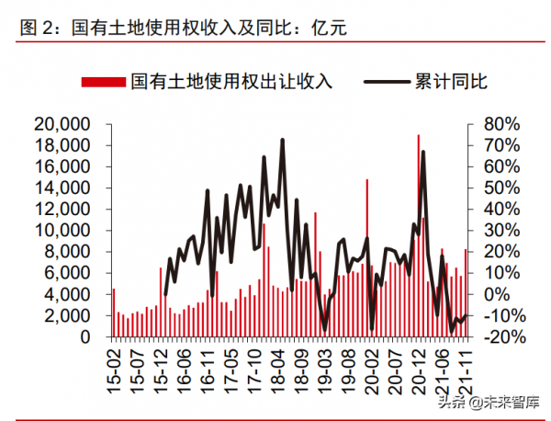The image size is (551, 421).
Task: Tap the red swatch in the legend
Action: [104, 82]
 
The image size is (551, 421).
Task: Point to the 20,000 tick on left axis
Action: [62, 124]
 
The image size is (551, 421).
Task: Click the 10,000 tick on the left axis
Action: [62, 231]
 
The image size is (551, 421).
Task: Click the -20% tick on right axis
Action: [503, 337]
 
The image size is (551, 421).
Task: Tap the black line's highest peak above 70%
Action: [282, 140]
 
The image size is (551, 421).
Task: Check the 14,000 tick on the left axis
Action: [62, 188]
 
